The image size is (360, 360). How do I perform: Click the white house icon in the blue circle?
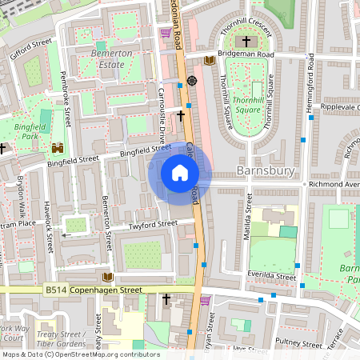click(x=180, y=172)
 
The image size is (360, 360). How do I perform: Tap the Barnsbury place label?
click(x=266, y=171)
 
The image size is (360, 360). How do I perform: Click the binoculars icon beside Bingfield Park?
click(x=58, y=148)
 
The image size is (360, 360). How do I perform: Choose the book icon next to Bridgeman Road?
click(x=210, y=60)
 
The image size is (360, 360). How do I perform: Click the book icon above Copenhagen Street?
click(x=107, y=277)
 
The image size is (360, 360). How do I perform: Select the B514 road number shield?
click(x=54, y=290)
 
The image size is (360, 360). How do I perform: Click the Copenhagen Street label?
click(x=104, y=290)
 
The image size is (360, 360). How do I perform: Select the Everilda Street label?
click(x=271, y=274)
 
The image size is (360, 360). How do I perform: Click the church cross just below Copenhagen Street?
click(x=166, y=299)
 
